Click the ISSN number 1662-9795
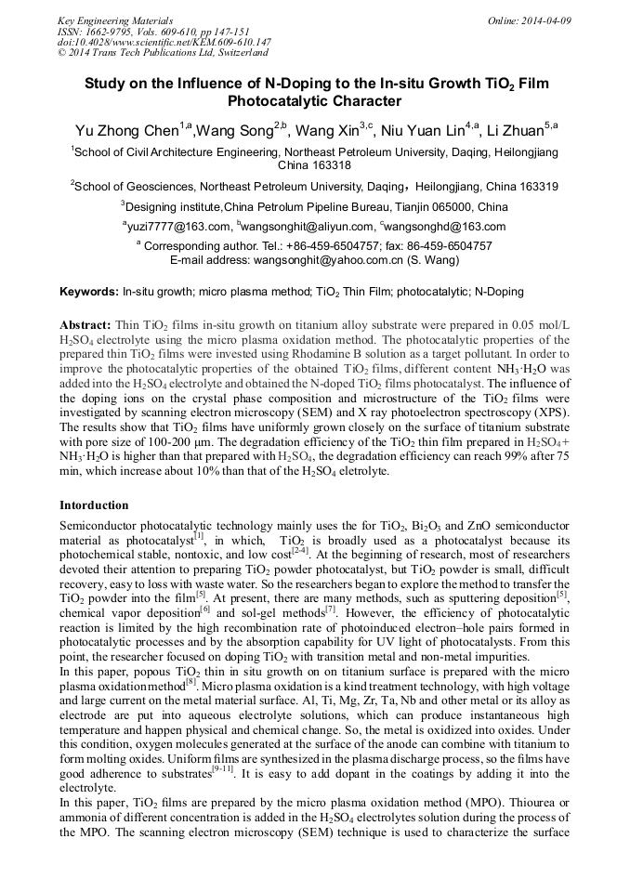tap(112, 32)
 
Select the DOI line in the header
tap(164, 43)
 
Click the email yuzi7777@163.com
tap(179, 227)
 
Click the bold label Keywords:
tap(89, 292)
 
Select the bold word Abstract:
tap(85, 326)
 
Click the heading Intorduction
tap(94, 505)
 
